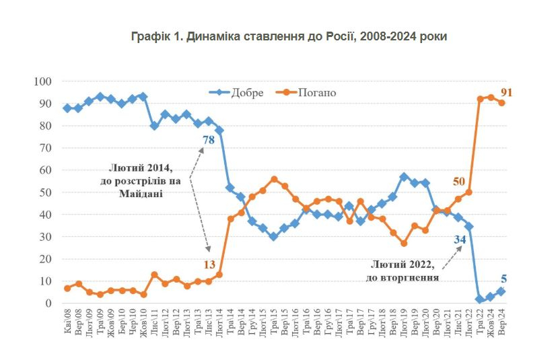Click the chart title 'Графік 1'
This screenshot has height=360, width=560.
pyautogui.click(x=289, y=36)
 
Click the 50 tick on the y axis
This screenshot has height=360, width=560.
pyautogui.click(x=45, y=192)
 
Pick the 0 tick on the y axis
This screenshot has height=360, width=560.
pyautogui.click(x=48, y=303)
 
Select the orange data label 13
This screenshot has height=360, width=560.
pyautogui.click(x=209, y=265)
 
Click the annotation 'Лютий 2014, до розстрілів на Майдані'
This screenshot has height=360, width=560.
pyautogui.click(x=146, y=180)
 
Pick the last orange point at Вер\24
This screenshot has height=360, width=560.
pyautogui.click(x=501, y=103)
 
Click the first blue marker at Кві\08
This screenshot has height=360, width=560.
pyautogui.click(x=67, y=108)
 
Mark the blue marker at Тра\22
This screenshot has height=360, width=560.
pyautogui.click(x=480, y=299)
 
